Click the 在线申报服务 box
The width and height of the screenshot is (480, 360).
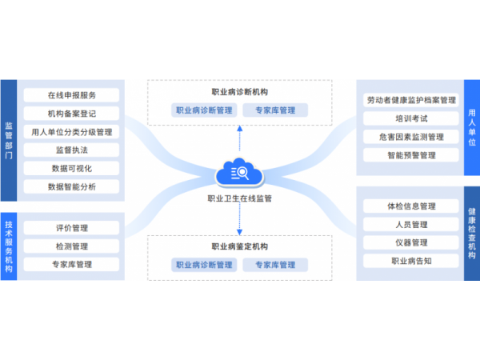pyautogui.click(x=71, y=95)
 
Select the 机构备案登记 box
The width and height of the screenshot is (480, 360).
pyautogui.click(x=71, y=114)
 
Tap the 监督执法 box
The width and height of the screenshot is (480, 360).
pyautogui.click(x=71, y=150)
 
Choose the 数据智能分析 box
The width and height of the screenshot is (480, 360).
pyautogui.click(x=71, y=186)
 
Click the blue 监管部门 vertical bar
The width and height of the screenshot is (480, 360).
pyautogui.click(x=9, y=140)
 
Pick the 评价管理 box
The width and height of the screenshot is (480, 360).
pyautogui.click(x=71, y=228)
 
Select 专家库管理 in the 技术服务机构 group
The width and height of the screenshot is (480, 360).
pyautogui.click(x=71, y=265)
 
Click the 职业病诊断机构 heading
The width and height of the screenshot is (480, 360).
pyautogui.click(x=240, y=93)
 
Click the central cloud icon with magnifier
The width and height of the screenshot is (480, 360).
pyautogui.click(x=239, y=174)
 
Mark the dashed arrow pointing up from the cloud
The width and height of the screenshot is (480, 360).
pyautogui.click(x=239, y=136)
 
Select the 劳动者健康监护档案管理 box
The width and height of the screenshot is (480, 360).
pyautogui.click(x=411, y=101)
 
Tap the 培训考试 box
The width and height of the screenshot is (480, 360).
pyautogui.click(x=411, y=118)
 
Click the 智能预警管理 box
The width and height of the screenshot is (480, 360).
pyautogui.click(x=411, y=155)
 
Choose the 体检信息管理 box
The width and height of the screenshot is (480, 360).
pyautogui.click(x=411, y=206)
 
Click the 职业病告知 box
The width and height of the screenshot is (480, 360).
pyautogui.click(x=411, y=261)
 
